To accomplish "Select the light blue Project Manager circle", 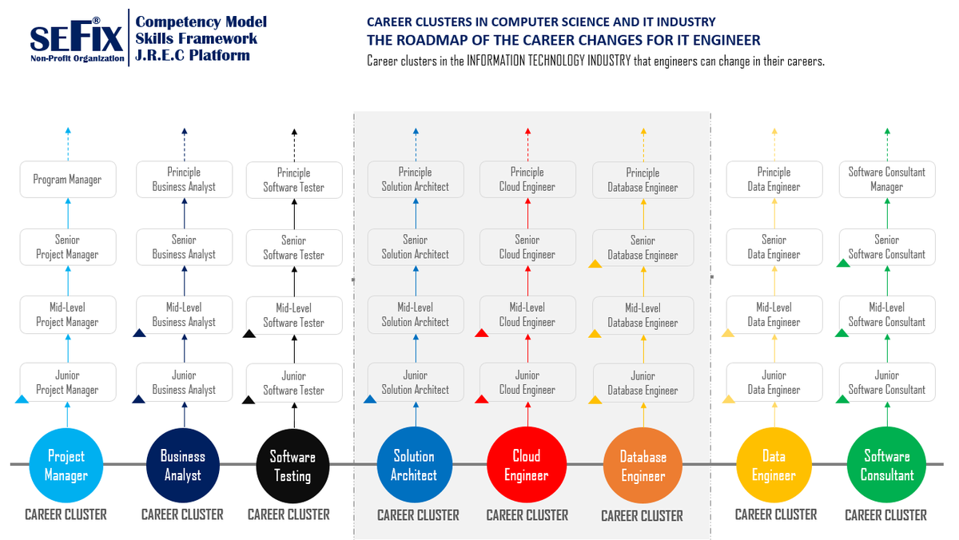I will coord(66,465).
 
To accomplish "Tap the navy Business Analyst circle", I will coord(183,465).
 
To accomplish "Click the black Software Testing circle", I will coord(292,466).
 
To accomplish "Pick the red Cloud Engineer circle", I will coord(527,465).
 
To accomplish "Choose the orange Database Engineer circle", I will coord(643,466).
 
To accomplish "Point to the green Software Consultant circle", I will coord(886,465).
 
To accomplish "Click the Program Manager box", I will coord(68,180).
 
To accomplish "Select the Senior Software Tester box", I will coord(294,248).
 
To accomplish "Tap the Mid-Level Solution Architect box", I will coord(416,315).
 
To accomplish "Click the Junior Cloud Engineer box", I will coord(527,383).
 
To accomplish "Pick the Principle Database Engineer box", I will coord(643,181).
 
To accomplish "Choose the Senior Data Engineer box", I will coord(774,247).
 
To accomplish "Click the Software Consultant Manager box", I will coord(887,180).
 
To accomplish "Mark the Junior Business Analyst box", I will coord(185,383).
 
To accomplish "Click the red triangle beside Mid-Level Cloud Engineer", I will coord(482,333).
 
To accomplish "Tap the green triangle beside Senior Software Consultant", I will coord(842,264).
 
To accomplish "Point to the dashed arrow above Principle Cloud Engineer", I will coord(527,144).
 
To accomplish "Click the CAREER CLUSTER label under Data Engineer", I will coord(775,514).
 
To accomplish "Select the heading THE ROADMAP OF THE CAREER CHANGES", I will coord(563,40).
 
